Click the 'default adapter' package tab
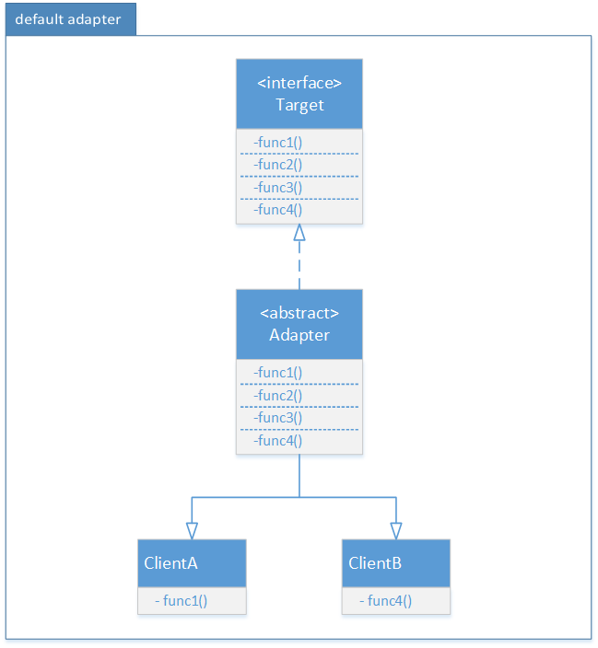coord(69,19)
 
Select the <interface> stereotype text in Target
coord(299,83)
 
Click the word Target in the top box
coord(299,105)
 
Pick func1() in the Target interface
coord(278,143)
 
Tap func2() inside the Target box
coord(278,165)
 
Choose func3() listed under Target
coord(278,187)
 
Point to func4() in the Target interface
coord(278,210)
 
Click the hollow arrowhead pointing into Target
coord(299,234)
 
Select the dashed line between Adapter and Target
coord(299,267)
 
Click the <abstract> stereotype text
coord(299,313)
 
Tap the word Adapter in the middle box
coord(299,335)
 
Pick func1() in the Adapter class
coord(278,373)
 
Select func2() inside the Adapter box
coord(278,395)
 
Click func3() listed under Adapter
coord(278,418)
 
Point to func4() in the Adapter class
coord(278,440)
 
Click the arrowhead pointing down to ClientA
coord(192,531)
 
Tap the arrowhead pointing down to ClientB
coord(396,531)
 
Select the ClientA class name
coord(171,563)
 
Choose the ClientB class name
coord(375,563)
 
